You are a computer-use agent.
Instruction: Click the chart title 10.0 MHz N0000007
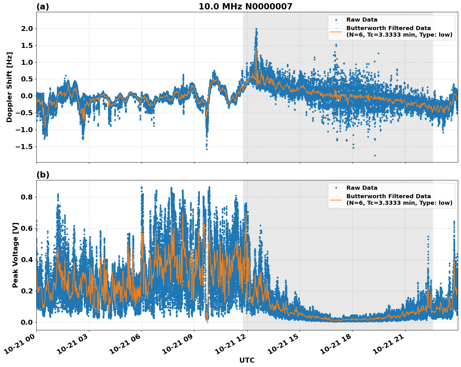pos(245,7)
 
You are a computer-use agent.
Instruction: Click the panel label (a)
pos(43,7)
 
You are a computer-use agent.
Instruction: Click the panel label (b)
pos(43,175)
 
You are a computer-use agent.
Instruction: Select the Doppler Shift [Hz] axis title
pos(9,87)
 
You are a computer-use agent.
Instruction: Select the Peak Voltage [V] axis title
pos(15,255)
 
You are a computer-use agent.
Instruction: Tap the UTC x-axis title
pos(247,360)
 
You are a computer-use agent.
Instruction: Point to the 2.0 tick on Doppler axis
pos(26,28)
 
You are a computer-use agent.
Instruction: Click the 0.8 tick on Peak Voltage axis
pos(26,197)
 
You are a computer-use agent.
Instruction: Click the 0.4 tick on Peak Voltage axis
pos(26,260)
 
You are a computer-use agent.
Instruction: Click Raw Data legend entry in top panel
pos(362,20)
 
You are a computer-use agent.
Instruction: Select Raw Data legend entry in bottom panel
pos(362,188)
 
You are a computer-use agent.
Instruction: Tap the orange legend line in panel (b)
pos(336,199)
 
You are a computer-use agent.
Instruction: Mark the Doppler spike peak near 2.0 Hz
pos(256,29)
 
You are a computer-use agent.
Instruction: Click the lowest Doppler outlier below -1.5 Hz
pos(375,155)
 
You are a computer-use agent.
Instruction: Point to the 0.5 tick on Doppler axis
pos(26,79)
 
